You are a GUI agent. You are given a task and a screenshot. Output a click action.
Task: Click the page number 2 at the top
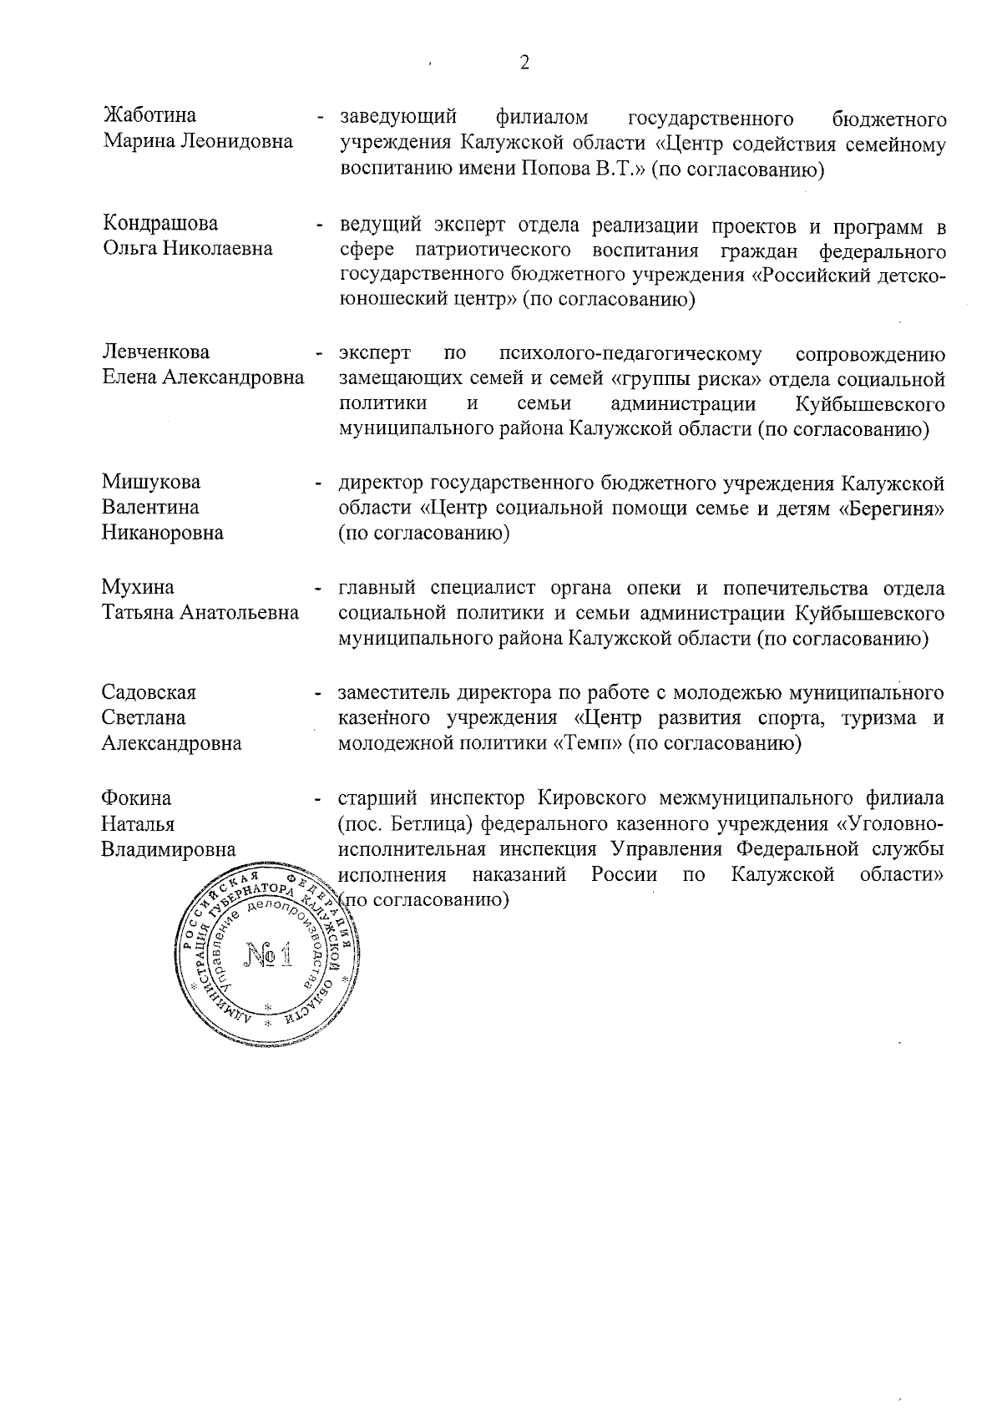524,63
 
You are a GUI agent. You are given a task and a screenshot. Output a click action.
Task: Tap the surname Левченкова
155,352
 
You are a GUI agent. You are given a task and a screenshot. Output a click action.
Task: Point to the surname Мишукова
151,482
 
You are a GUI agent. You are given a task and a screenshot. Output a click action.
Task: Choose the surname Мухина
138,588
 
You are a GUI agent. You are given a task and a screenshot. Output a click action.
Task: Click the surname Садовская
149,692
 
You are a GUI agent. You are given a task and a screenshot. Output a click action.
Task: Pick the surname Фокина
135,798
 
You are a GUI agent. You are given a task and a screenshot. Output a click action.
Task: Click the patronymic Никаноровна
163,533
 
